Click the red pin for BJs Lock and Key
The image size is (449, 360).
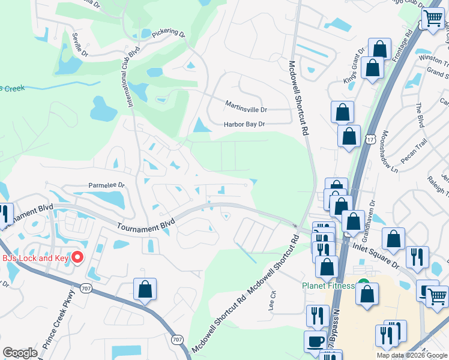pyautogui.click(x=77, y=258)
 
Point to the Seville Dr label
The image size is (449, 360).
pyautogui.click(x=80, y=44)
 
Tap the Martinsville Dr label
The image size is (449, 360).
pyautogui.click(x=246, y=110)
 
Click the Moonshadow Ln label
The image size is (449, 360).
pyautogui.click(x=389, y=152)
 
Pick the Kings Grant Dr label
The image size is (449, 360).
pyautogui.click(x=354, y=67)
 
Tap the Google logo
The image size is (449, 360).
pyautogui.click(x=20, y=353)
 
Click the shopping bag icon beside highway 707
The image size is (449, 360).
pyautogui.click(x=145, y=289)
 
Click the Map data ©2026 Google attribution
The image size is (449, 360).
pyautogui.click(x=412, y=355)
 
